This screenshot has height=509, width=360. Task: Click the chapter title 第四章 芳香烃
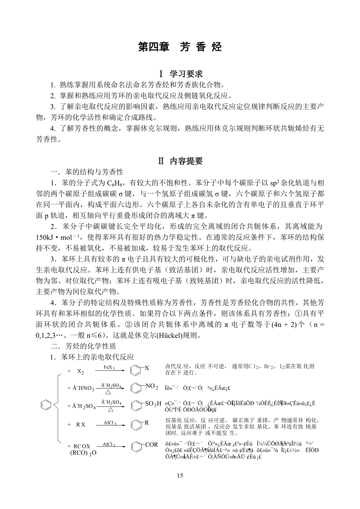pyautogui.click(x=180, y=47)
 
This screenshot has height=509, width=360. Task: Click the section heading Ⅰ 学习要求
pyautogui.click(x=180, y=74)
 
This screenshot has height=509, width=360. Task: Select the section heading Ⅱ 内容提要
pyautogui.click(x=180, y=161)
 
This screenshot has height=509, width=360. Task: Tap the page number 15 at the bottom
pyautogui.click(x=180, y=476)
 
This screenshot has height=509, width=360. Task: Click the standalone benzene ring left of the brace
pyautogui.click(x=46, y=406)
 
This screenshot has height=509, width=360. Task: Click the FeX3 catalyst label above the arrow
pyautogui.click(x=109, y=367)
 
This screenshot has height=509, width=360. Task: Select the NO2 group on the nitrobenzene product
pyautogui.click(x=151, y=387)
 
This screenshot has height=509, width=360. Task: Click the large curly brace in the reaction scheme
pyautogui.click(x=58, y=406)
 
